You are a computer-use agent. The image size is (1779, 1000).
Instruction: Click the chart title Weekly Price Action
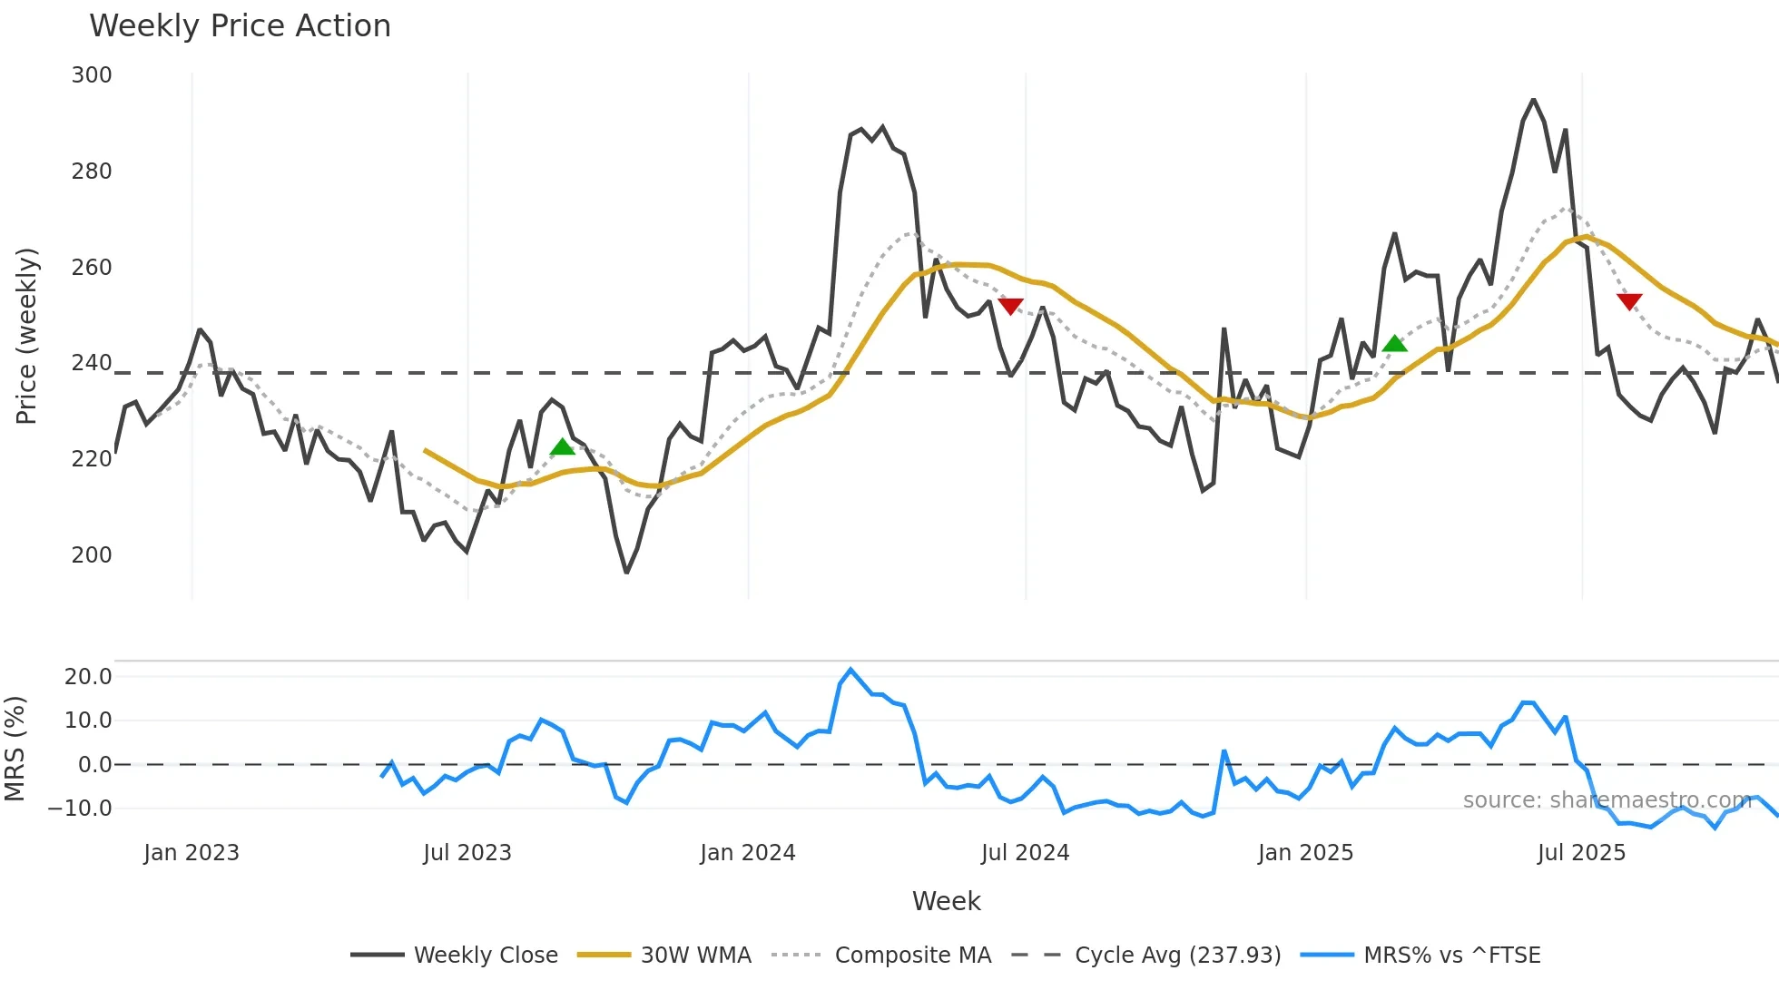pos(240,26)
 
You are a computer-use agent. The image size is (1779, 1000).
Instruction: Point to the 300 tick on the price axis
pos(92,75)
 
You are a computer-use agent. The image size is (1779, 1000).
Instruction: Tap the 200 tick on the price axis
pos(92,554)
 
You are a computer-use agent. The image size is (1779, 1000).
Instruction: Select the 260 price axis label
pos(92,267)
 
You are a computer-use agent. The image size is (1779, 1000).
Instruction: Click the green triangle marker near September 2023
pos(563,446)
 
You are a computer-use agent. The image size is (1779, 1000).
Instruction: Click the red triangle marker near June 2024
pos(1010,307)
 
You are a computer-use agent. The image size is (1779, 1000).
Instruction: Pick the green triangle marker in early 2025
pos(1394,344)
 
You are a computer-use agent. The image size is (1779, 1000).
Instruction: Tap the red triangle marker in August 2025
pos(1629,301)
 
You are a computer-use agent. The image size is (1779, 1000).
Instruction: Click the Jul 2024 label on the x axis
pos(1025,853)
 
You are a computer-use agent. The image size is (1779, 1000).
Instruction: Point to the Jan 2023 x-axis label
pos(192,853)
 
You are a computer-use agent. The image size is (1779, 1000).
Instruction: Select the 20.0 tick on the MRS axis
pos(88,676)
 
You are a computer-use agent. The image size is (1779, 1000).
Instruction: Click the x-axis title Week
pos(946,901)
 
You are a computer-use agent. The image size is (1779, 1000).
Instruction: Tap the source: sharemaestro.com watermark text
pos(1607,799)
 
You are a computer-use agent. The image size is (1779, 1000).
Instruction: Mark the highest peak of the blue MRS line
pos(850,670)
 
